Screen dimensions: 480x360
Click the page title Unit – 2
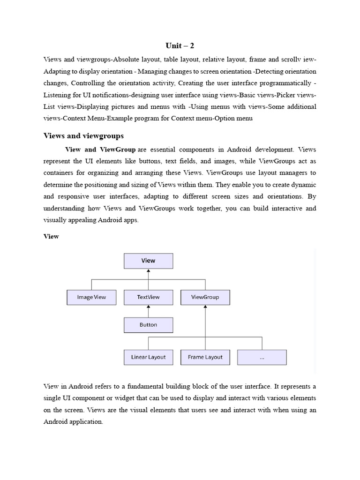[180, 45]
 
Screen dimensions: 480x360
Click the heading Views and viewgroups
[83, 136]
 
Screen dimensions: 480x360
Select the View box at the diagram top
[148, 261]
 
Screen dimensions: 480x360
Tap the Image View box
[91, 297]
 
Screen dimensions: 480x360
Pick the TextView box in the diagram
[148, 297]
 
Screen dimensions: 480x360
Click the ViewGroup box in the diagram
[205, 297]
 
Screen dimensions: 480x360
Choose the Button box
[148, 325]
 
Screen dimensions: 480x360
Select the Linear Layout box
[148, 357]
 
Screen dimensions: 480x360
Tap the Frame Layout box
[205, 357]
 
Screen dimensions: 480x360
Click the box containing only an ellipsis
[262, 357]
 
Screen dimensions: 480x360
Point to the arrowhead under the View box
[148, 271]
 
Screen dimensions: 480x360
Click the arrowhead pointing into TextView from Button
[148, 307]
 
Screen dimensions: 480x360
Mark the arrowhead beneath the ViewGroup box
[205, 307]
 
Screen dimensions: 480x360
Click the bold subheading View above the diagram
[51, 237]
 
